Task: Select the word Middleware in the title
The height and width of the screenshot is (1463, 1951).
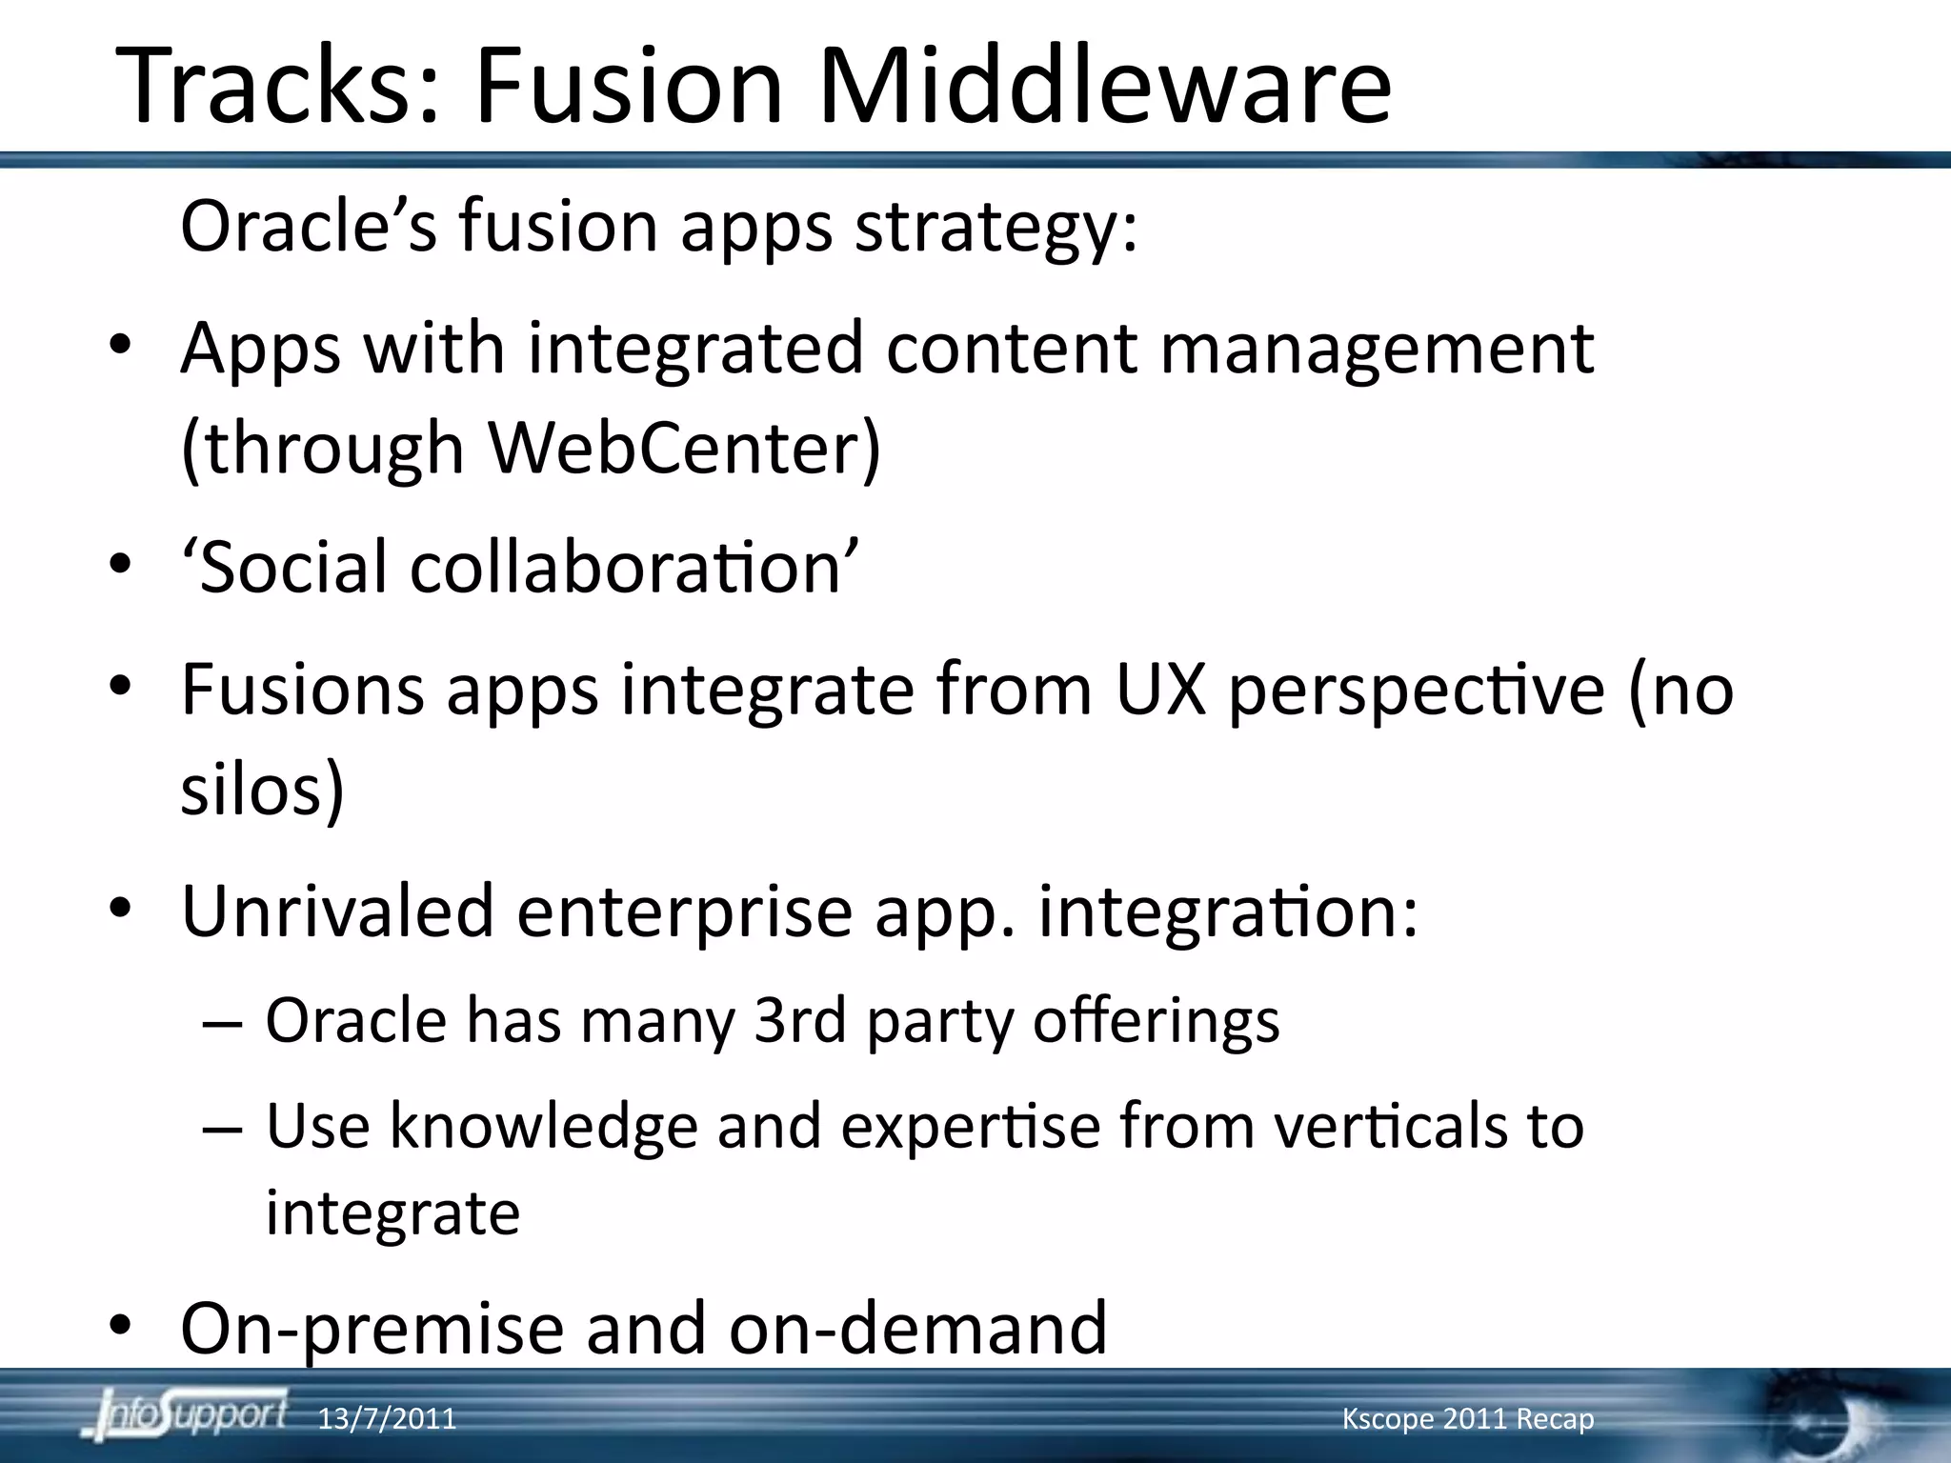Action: [x=1105, y=86]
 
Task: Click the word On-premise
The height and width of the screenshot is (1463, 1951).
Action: [x=372, y=1329]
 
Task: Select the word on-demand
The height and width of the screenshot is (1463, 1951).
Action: [x=918, y=1329]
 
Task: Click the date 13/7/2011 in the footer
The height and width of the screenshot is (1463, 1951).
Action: [x=387, y=1419]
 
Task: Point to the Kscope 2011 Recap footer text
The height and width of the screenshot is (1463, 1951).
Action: [x=1467, y=1419]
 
